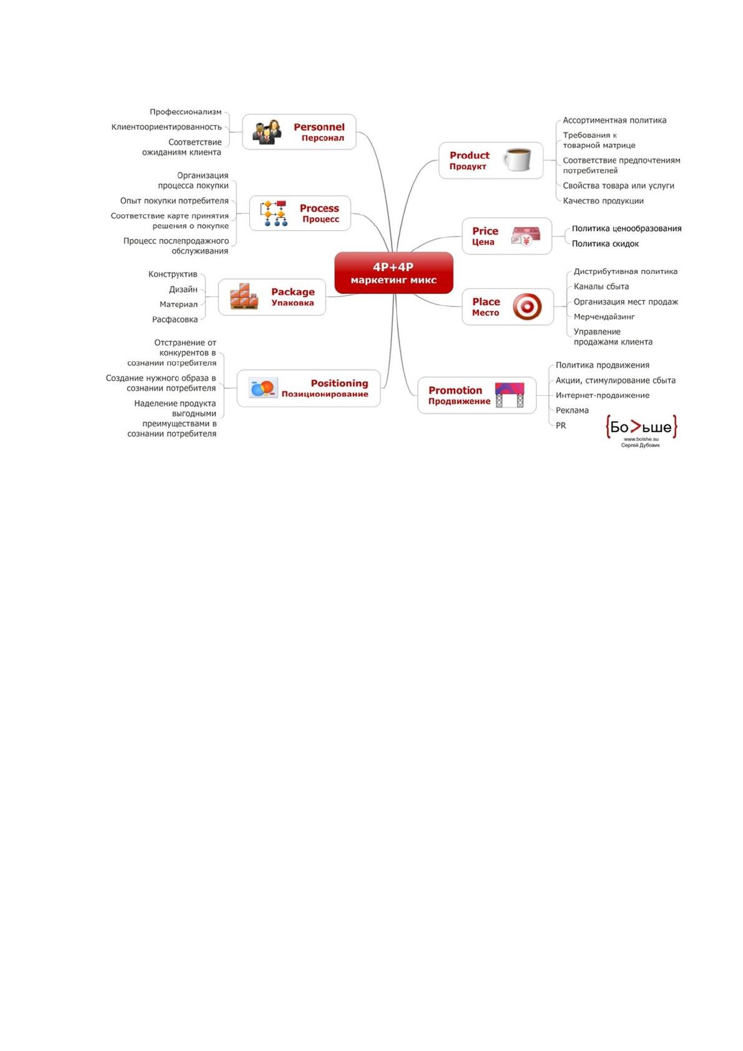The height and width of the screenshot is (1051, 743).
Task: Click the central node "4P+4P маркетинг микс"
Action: [393, 273]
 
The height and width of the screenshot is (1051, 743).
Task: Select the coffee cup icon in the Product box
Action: [517, 160]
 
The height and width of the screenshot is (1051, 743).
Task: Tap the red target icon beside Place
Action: [527, 307]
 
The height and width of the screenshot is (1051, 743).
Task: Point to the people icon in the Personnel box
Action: [267, 132]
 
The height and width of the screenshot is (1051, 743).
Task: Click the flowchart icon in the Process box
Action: [273, 213]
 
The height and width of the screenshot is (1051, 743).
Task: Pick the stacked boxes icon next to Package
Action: [244, 296]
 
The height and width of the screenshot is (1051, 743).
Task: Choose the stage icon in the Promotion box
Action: [509, 395]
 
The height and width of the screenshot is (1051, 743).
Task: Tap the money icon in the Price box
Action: [525, 236]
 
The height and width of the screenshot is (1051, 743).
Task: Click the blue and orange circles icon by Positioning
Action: [263, 388]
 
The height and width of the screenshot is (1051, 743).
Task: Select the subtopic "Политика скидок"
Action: [605, 243]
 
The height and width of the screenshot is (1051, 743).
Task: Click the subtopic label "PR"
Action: [561, 426]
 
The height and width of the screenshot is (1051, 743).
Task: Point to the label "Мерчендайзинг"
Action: [604, 316]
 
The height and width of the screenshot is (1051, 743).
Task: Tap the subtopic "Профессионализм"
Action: [185, 112]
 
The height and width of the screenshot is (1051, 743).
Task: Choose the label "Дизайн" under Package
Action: [183, 290]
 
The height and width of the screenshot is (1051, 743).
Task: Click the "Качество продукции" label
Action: [603, 201]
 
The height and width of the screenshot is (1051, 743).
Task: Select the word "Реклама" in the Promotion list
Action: [572, 410]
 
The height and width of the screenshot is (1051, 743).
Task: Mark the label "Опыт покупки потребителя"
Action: [174, 201]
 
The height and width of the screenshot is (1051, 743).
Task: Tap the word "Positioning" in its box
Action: [340, 383]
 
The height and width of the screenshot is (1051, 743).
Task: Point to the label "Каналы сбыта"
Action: [601, 286]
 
